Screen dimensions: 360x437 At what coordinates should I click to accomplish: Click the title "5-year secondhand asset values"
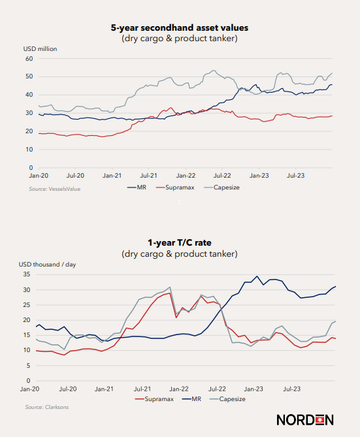pos(180,28)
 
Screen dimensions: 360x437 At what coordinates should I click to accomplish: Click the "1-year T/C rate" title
pos(180,243)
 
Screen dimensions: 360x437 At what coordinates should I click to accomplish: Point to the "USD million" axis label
pos(40,49)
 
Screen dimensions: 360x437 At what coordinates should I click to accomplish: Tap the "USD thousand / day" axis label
pos(47,264)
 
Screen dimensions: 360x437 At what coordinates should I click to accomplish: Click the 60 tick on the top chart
pos(29,59)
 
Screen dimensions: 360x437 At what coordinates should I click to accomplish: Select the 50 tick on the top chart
pos(29,76)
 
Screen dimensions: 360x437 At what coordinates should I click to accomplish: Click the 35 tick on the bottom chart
pos(27,274)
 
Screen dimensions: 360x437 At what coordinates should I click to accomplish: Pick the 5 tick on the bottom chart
pos(28,365)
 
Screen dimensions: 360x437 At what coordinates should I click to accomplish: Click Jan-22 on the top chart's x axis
pos(186,176)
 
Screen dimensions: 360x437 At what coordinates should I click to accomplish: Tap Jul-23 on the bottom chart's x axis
pos(292,389)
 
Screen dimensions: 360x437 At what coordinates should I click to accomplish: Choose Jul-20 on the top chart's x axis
pos(76,176)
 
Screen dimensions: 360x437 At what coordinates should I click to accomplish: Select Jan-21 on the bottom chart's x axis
pos(104,389)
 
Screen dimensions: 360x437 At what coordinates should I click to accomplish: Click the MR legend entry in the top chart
pos(137,187)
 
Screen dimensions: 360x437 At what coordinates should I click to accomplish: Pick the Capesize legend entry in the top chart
pos(222,187)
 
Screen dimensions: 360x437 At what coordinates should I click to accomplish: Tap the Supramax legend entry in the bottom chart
pos(154,399)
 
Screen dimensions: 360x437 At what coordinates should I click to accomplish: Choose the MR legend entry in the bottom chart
pos(191,399)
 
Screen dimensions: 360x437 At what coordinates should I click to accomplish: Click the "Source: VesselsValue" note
pos(55,189)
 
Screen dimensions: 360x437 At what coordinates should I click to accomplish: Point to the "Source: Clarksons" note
pos(47,407)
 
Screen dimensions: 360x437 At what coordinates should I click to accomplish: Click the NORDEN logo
pos(305,420)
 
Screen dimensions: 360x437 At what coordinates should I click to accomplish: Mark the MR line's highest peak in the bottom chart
pos(257,276)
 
